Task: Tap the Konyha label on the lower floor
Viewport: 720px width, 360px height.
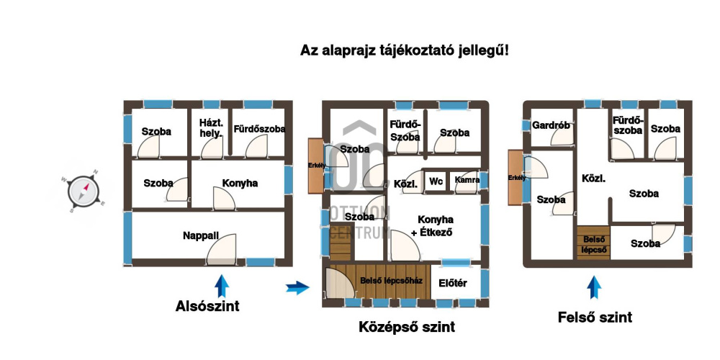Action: pos(240,184)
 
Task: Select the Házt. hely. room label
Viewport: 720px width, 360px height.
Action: pos(211,128)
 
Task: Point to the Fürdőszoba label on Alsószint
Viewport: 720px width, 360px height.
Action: pos(259,130)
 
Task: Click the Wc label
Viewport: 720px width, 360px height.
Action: pos(435,183)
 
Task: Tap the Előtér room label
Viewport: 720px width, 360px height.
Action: pos(453,283)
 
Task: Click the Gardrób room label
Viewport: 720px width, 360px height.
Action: pos(551,125)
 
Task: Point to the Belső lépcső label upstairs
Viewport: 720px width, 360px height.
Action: pos(594,244)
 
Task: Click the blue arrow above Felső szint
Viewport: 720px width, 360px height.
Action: pos(594,287)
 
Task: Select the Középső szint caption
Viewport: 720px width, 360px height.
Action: pos(407,328)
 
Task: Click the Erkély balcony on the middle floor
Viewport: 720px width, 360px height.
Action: pos(316,165)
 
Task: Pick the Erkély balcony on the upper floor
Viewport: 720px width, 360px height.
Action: pos(516,177)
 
